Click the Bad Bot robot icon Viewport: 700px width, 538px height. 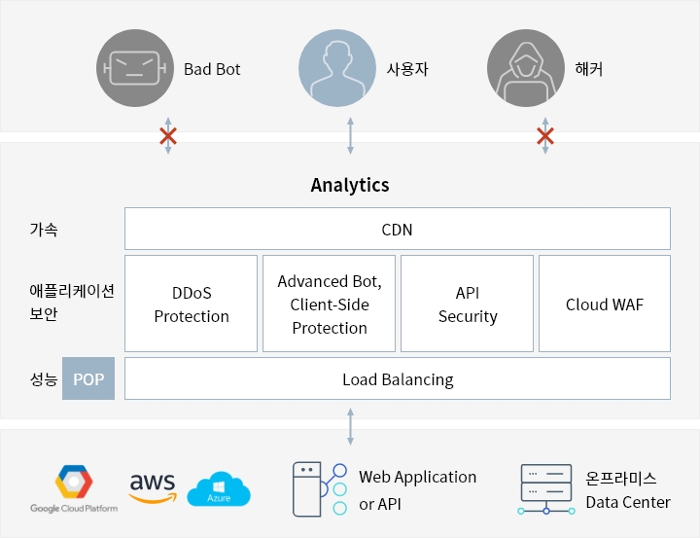click(135, 68)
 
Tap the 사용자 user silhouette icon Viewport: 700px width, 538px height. click(337, 68)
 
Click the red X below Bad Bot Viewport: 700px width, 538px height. click(168, 136)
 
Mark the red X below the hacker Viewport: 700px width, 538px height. click(545, 136)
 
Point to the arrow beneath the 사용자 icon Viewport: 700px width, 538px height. click(350, 136)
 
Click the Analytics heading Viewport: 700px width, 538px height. click(350, 185)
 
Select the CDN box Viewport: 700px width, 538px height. click(397, 229)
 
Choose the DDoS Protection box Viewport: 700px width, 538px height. click(192, 304)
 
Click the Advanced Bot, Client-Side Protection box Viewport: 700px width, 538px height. click(330, 304)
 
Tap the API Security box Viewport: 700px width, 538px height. click(468, 304)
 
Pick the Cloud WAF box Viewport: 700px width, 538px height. click(605, 304)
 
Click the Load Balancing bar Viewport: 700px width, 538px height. click(397, 378)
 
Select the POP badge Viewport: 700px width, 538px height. click(88, 378)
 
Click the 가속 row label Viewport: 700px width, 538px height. click(44, 230)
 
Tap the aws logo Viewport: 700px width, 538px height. click(152, 485)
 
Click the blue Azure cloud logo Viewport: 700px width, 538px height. click(219, 489)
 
